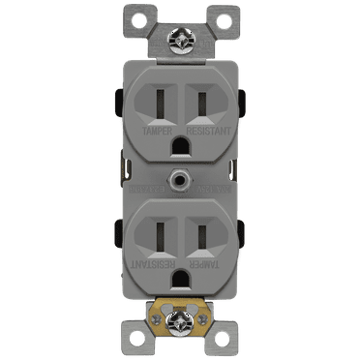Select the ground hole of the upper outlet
pyautogui.click(x=180, y=142)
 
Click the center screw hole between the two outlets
pyautogui.click(x=180, y=179)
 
